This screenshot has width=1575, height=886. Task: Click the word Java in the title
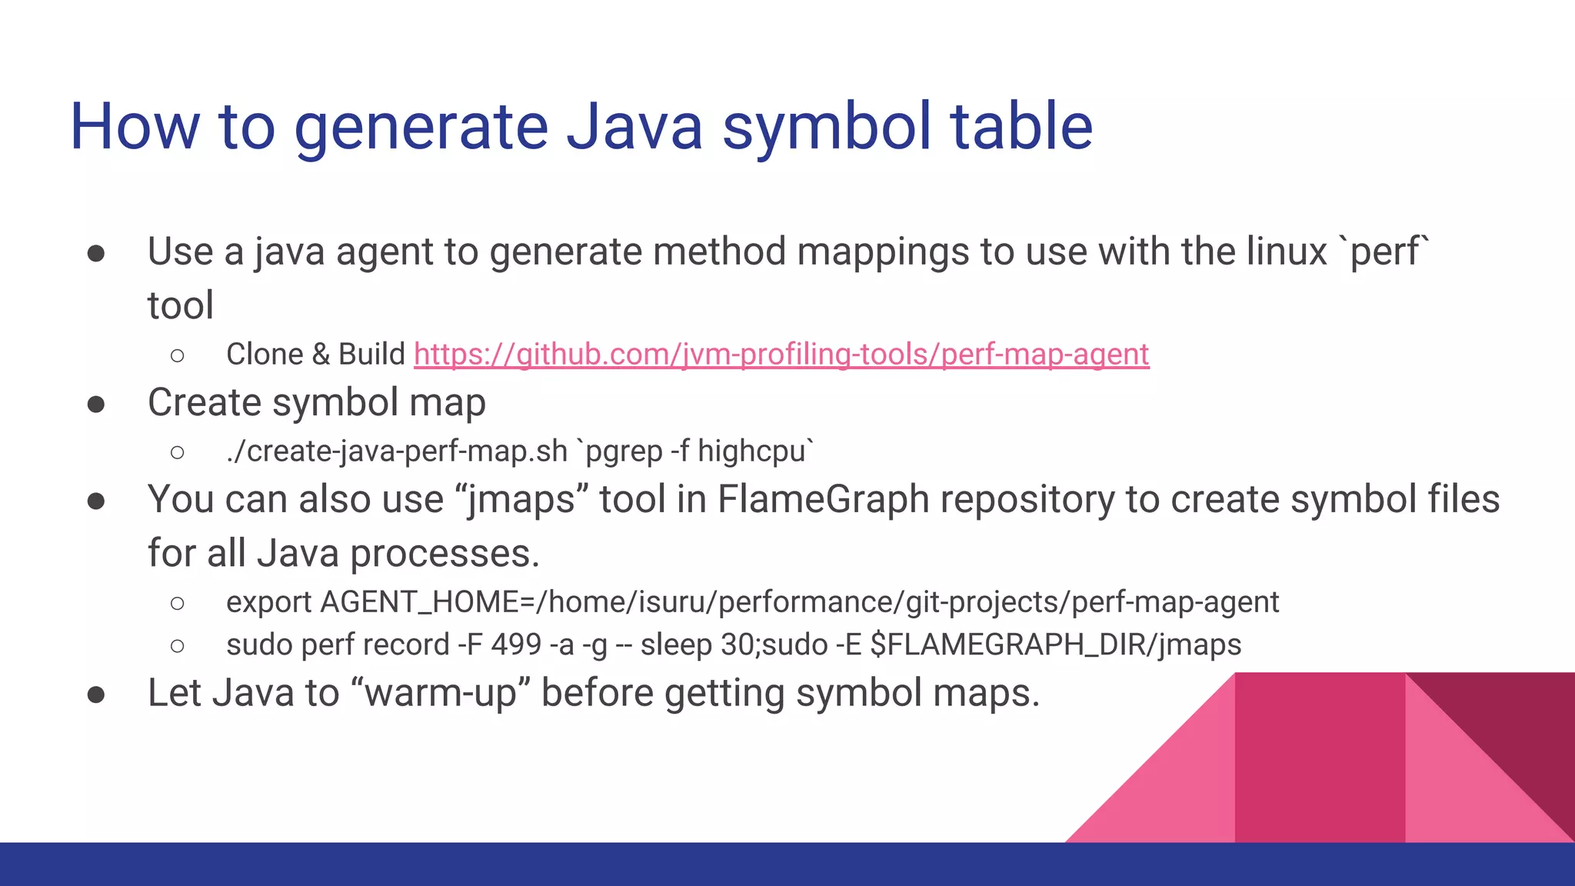pos(634,127)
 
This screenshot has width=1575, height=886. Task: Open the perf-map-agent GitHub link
pos(781,355)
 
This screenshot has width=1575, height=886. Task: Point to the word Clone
pos(265,355)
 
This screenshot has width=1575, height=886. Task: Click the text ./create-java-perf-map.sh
pos(397,451)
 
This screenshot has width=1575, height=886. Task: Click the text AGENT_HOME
pos(419,602)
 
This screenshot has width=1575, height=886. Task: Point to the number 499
pos(516,645)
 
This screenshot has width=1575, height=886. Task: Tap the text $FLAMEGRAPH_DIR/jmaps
pos(1055,645)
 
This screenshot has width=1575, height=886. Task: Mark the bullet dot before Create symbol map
pos(96,404)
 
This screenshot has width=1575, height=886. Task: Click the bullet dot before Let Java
pos(96,694)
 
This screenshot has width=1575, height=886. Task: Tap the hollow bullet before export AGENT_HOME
pos(178,603)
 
